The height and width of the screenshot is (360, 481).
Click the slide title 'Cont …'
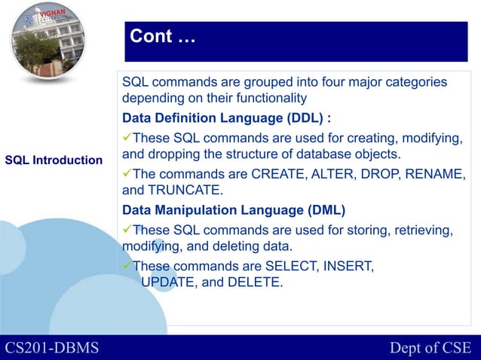(x=162, y=36)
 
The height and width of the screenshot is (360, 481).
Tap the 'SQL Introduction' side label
(x=54, y=160)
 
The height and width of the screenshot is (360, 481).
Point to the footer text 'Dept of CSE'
(x=430, y=347)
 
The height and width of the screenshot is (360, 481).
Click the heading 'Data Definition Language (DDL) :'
(x=226, y=118)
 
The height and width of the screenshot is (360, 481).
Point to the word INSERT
(x=349, y=264)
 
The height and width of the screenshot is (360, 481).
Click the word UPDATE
(x=170, y=282)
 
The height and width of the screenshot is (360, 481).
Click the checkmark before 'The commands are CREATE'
(x=127, y=173)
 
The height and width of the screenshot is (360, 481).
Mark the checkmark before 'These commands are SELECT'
(x=127, y=264)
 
